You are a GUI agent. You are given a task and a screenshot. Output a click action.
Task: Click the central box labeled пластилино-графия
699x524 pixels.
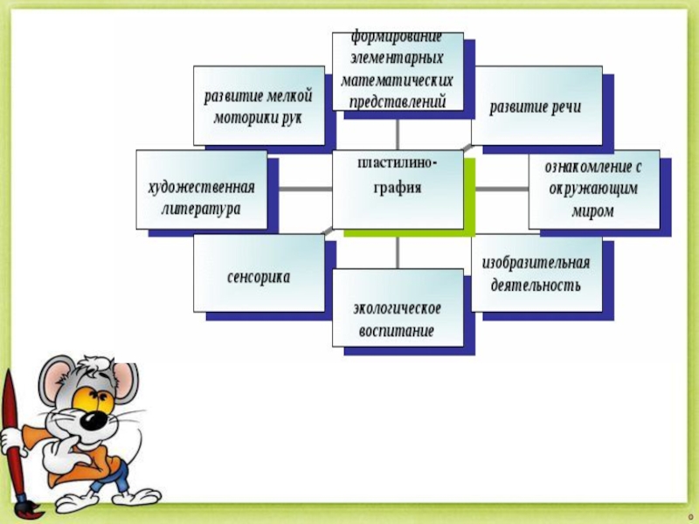(398, 189)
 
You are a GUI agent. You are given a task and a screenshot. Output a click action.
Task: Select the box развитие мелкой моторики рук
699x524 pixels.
(259, 105)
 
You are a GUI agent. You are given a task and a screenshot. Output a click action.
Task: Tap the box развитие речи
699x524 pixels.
(536, 106)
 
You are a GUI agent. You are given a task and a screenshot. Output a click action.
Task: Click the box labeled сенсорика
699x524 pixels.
(259, 275)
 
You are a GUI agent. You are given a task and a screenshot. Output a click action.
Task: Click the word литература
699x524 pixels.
(201, 210)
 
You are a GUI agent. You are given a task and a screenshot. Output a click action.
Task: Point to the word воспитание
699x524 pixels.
(397, 332)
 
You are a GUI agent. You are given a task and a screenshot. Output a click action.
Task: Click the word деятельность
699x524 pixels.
(536, 286)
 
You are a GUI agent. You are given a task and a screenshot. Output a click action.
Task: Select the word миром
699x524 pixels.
(593, 210)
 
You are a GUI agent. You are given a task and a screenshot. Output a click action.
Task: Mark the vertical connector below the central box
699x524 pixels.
(398, 252)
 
